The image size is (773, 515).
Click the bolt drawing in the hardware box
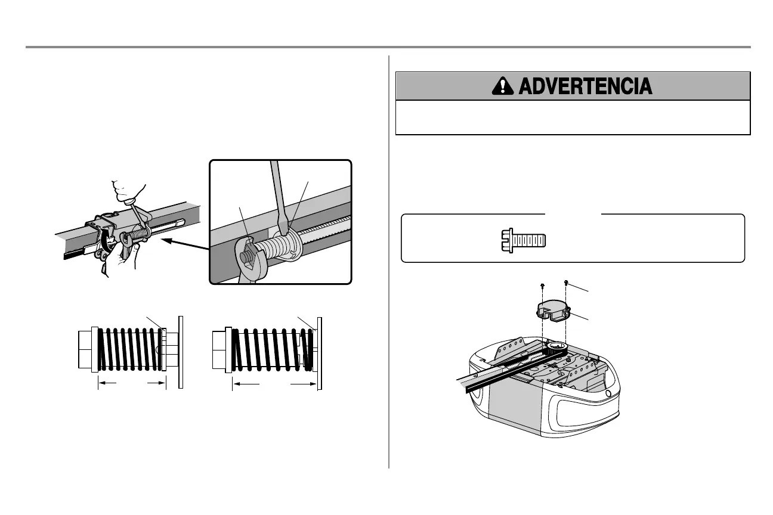tap(523, 239)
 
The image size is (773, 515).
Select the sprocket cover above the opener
tap(552, 311)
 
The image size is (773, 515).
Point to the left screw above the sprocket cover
tap(542, 286)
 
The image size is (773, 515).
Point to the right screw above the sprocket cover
tap(565, 283)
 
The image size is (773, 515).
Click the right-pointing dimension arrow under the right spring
tap(303, 385)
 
